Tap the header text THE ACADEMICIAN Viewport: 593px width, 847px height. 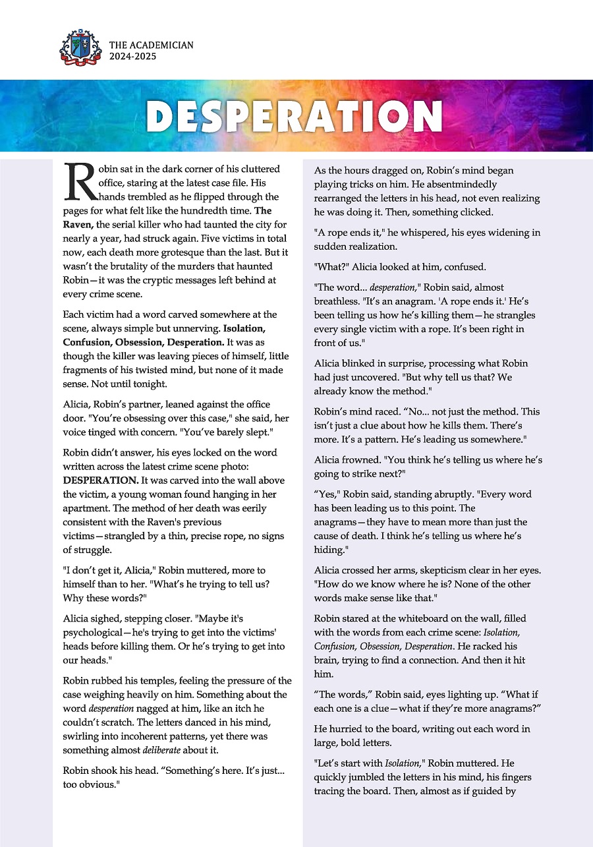152,45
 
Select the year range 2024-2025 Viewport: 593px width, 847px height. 133,57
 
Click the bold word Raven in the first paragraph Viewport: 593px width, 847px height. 78,223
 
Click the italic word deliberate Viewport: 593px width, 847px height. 171,750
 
